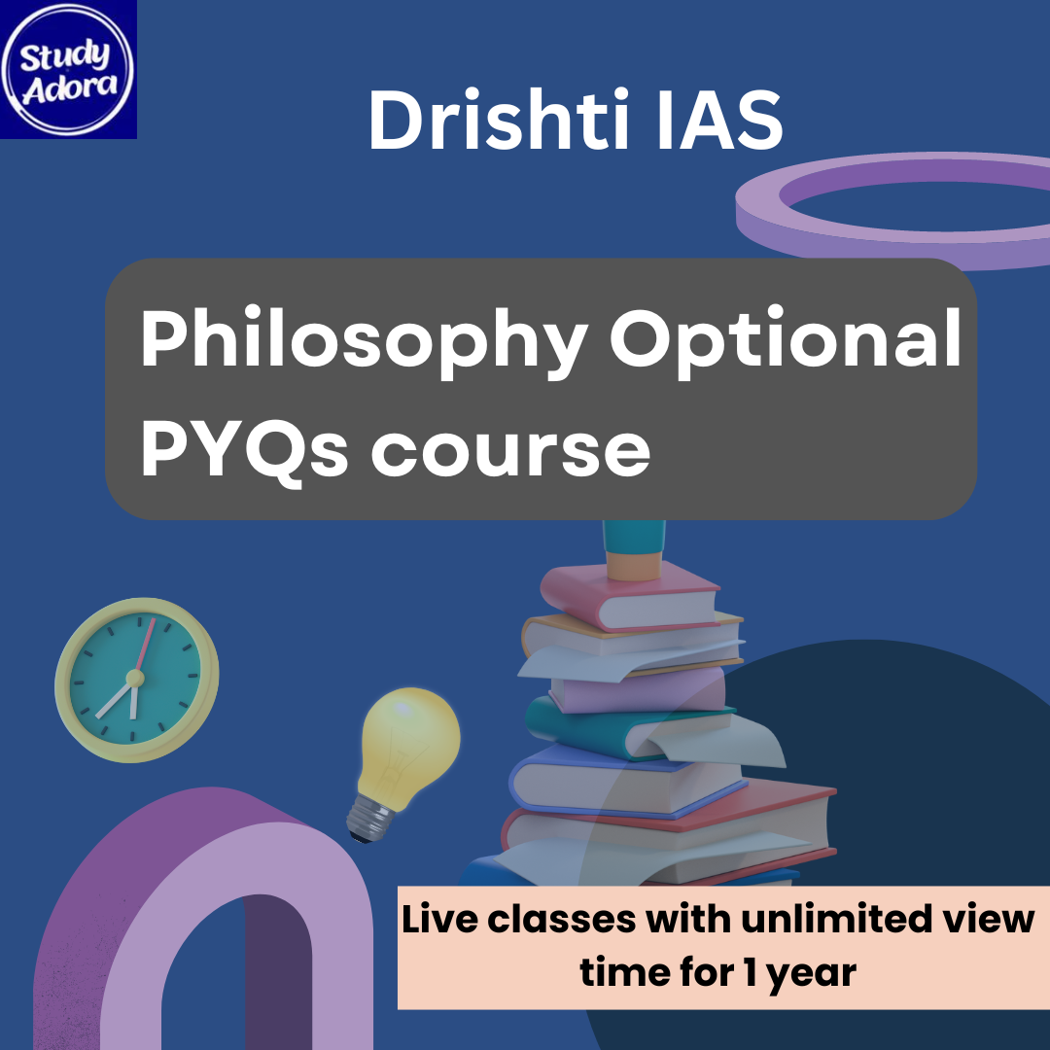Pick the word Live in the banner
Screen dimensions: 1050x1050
(x=442, y=920)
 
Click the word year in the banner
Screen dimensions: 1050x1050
(x=812, y=973)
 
